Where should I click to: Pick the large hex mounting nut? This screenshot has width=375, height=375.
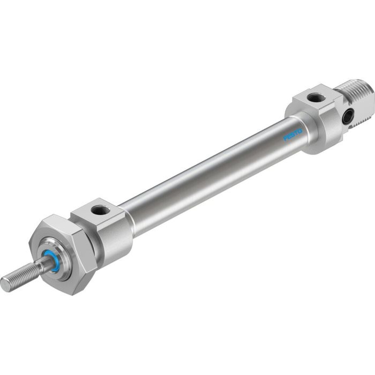(67, 252)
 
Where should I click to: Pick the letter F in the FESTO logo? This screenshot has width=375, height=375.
(286, 139)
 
